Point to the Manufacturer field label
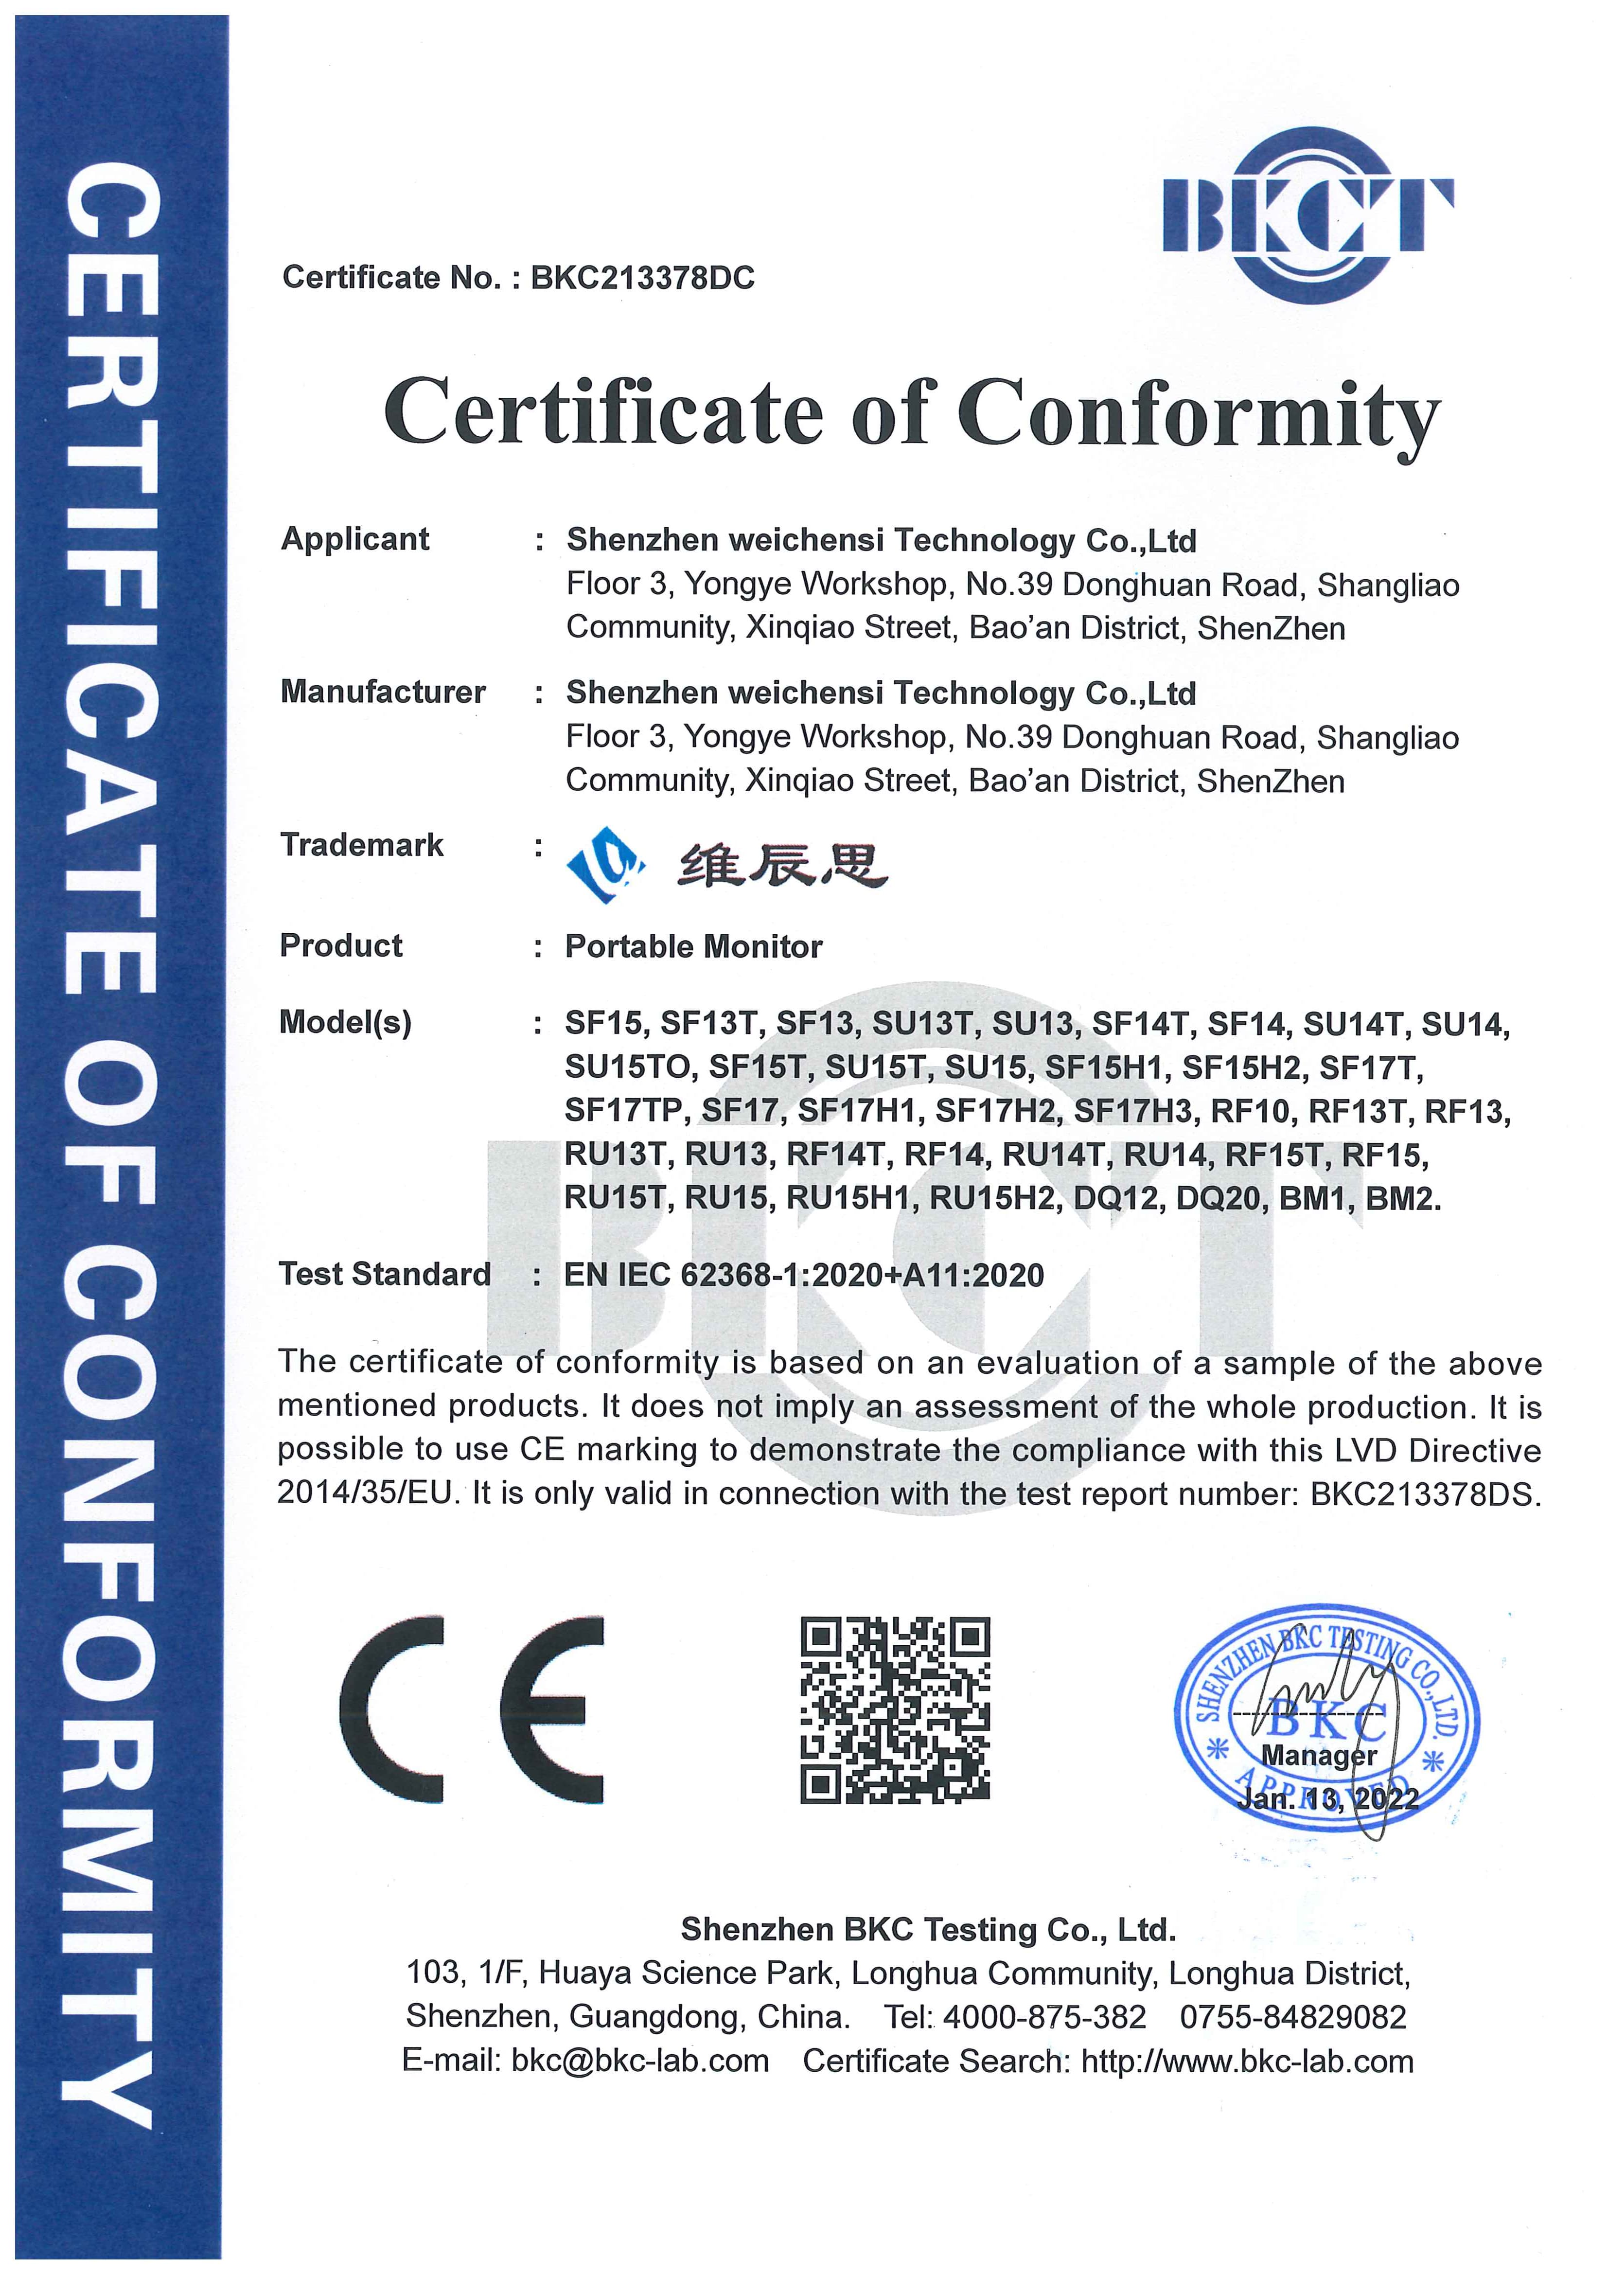tap(383, 692)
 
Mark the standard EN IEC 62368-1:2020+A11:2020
tap(804, 1275)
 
